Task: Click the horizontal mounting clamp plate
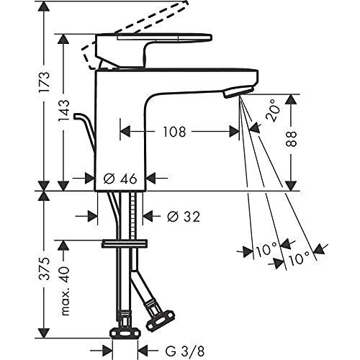pos(125,243)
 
